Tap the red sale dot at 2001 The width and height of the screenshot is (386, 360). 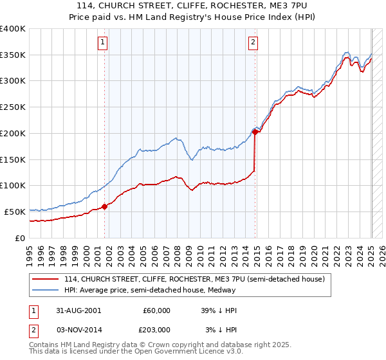click(104, 206)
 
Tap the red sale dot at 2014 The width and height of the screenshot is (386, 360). click(255, 132)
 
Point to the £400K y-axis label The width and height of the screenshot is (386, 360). click(13, 29)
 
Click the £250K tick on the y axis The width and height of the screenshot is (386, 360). click(13, 107)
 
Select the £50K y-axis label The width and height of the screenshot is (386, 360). click(15, 212)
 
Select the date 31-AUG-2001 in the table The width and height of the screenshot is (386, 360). click(78, 310)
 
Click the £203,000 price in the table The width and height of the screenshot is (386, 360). click(156, 330)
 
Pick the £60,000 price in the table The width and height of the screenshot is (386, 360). click(156, 310)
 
